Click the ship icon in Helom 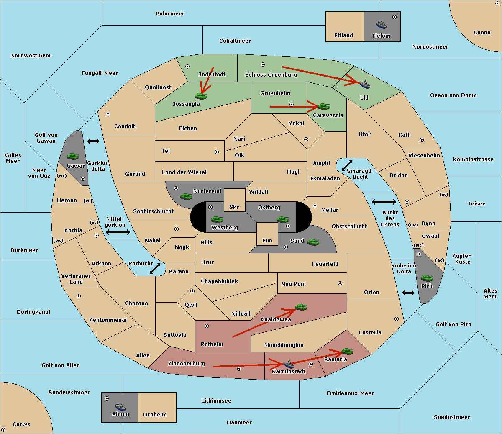pyautogui.click(x=381, y=24)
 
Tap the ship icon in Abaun pyautogui.click(x=120, y=406)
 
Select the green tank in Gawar pyautogui.click(x=72, y=156)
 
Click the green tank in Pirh pyautogui.click(x=427, y=278)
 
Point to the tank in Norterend pyautogui.click(x=186, y=196)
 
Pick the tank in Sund pyautogui.click(x=313, y=242)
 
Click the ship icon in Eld pyautogui.click(x=364, y=84)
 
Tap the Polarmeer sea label pyautogui.click(x=170, y=14)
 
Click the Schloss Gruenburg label pyautogui.click(x=271, y=74)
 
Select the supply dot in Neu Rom pyautogui.click(x=340, y=283)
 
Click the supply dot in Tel pyautogui.click(x=217, y=152)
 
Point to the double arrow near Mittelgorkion pyautogui.click(x=118, y=232)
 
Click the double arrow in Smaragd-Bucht pyautogui.click(x=347, y=165)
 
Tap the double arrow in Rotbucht pyautogui.click(x=155, y=268)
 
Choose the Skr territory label pyautogui.click(x=234, y=207)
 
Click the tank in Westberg pyautogui.click(x=217, y=219)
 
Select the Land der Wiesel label pyautogui.click(x=184, y=172)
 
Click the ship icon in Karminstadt pyautogui.click(x=289, y=364)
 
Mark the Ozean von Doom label pyautogui.click(x=453, y=95)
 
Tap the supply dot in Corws pyautogui.click(x=3, y=430)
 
